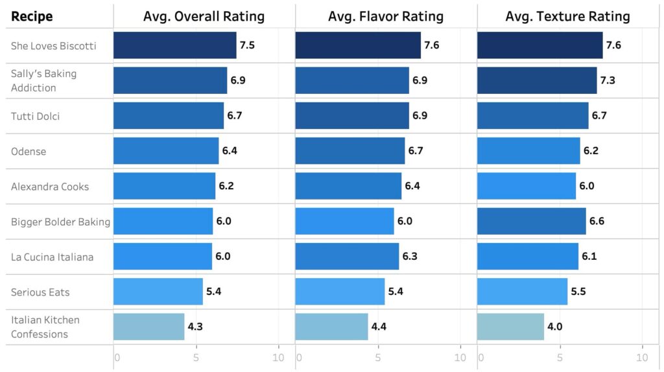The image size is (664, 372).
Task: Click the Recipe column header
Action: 32,16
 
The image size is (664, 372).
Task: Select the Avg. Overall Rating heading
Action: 204,16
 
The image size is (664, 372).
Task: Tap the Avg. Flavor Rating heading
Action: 386,16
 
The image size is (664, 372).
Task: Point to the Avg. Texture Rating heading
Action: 567,16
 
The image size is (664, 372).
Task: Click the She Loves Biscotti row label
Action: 54,46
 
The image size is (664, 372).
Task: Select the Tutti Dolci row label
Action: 36,116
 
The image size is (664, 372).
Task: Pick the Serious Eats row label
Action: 40,292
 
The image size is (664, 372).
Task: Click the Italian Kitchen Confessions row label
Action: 45,327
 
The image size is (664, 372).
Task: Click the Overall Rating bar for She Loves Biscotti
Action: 174,46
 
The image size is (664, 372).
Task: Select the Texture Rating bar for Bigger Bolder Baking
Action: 531,222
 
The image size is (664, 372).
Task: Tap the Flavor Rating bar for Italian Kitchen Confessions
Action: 331,327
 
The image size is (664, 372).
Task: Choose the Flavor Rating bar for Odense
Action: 350,151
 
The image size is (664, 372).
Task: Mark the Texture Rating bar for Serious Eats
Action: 522,292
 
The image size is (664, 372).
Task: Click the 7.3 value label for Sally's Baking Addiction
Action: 608,81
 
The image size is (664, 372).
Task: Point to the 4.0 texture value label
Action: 554,327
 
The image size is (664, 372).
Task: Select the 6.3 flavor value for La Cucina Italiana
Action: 410,257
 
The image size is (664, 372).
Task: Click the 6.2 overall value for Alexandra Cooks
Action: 226,187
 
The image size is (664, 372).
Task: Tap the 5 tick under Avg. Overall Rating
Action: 197,358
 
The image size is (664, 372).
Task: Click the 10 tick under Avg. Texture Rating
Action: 642,358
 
